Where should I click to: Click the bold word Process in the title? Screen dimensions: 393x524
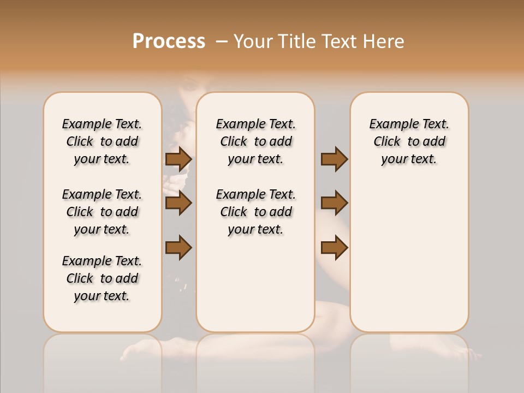coord(169,41)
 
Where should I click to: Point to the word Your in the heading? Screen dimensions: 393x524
coord(254,41)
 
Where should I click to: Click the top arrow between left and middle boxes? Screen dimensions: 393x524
coord(178,159)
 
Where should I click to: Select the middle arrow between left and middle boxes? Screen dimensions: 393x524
coord(178,203)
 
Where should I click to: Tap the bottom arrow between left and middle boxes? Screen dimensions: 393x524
coord(178,247)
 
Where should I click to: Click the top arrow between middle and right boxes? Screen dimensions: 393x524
coord(334,159)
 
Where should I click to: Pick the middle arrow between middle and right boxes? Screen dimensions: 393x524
coord(334,203)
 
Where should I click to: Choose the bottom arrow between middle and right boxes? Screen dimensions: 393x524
coord(334,247)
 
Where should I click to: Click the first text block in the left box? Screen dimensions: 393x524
coord(102,141)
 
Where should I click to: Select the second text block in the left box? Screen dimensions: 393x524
coord(102,212)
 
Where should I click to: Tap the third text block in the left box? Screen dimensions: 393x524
coord(102,278)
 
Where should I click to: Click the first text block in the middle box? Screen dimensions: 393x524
coord(255,141)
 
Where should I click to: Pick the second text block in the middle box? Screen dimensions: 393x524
coord(255,212)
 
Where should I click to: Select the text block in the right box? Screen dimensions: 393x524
coord(409,141)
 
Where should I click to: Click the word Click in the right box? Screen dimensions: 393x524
coord(387,141)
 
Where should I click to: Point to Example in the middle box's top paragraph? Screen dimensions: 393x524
coord(236,124)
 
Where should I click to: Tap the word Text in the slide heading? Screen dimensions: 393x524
coord(338,41)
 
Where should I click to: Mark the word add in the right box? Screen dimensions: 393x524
coord(434,141)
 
